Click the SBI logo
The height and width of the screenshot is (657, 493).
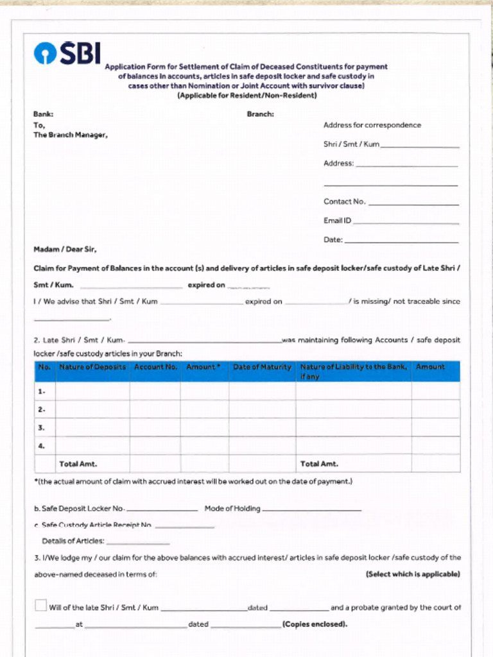click(x=67, y=54)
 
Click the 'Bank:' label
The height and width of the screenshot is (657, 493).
click(x=43, y=114)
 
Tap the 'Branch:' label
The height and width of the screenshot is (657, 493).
click(x=260, y=114)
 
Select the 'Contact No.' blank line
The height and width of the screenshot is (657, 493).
click(x=414, y=203)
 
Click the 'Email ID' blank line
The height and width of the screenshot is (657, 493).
click(x=406, y=223)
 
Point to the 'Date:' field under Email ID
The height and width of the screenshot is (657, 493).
click(x=401, y=241)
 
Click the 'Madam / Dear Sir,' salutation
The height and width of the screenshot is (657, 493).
click(x=65, y=250)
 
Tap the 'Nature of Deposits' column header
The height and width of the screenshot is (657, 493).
click(x=92, y=367)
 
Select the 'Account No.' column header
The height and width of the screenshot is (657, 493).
click(x=155, y=367)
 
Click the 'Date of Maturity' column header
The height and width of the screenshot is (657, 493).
click(x=262, y=367)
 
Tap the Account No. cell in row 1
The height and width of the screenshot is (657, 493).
click(x=155, y=391)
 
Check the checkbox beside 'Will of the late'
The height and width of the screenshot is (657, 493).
click(x=41, y=605)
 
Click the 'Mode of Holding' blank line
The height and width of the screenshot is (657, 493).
click(x=311, y=509)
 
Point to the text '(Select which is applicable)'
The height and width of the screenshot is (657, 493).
click(x=413, y=574)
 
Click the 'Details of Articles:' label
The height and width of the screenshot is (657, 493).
click(x=73, y=541)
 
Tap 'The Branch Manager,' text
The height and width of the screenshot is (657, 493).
click(x=71, y=135)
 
